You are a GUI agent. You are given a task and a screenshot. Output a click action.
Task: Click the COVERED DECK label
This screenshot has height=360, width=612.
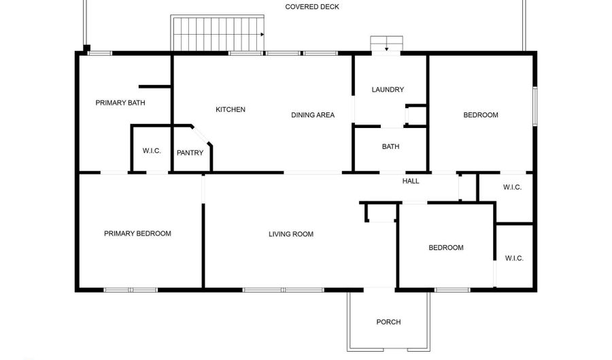(312, 7)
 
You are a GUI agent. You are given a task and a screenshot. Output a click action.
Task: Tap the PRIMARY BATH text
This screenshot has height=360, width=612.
(120, 103)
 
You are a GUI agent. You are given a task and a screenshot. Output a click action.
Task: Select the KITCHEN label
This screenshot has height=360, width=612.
(231, 110)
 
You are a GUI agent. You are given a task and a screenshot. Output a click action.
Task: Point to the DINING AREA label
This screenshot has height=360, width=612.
(313, 115)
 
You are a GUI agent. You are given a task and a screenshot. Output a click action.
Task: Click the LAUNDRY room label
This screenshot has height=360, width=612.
(388, 90)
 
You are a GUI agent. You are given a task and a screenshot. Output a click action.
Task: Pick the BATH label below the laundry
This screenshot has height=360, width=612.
(390, 146)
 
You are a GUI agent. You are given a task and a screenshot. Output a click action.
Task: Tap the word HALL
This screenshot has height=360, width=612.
(411, 181)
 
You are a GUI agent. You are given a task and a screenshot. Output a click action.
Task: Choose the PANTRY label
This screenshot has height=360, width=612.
(190, 153)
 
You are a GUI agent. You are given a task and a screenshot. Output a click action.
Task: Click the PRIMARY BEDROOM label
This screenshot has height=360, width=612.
(137, 233)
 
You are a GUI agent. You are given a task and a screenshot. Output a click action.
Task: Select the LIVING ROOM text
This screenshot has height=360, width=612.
(291, 234)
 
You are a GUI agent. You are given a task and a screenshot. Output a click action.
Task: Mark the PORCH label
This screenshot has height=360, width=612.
(389, 322)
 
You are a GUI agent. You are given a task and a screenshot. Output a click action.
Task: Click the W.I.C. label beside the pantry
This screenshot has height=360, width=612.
(152, 150)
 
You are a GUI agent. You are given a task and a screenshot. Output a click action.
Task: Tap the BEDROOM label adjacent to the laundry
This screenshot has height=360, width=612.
(481, 115)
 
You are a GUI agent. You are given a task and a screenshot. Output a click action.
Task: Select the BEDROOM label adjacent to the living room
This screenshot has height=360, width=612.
(446, 248)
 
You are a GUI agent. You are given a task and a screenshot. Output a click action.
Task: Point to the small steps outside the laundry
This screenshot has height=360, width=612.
(386, 44)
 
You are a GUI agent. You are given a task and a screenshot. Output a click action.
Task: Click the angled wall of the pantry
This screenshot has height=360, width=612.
(203, 134)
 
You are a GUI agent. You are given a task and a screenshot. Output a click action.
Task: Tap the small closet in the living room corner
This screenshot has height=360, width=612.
(381, 212)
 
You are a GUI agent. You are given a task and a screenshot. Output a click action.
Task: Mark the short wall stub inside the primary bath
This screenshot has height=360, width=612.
(154, 86)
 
